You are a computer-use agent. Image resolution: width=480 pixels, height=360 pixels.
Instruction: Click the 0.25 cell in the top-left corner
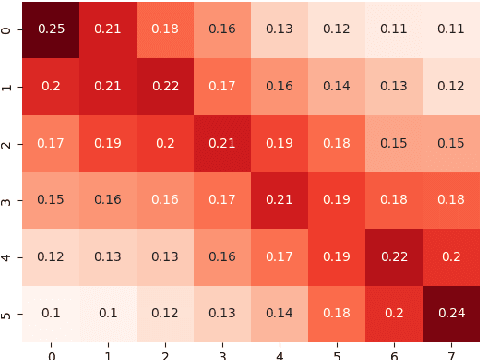[x=51, y=28]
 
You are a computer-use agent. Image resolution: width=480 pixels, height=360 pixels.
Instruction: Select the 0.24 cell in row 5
[x=449, y=312]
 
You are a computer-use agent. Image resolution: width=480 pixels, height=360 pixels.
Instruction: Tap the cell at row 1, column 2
[x=165, y=85]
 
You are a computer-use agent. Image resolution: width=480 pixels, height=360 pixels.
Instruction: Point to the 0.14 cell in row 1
[x=335, y=85]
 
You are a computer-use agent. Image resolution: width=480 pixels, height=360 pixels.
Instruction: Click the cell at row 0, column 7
[x=449, y=28]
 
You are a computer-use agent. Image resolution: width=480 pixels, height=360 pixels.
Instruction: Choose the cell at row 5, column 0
[x=51, y=312]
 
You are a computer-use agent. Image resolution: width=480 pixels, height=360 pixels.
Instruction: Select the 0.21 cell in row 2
[x=222, y=142]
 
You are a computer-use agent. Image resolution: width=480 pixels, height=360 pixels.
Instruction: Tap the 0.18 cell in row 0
[x=165, y=28]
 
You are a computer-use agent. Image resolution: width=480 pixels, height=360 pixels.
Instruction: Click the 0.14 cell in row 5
[x=278, y=312]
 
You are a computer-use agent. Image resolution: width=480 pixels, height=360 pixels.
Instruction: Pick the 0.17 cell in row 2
[x=51, y=142]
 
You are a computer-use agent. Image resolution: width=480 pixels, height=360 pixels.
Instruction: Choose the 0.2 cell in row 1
[x=51, y=85]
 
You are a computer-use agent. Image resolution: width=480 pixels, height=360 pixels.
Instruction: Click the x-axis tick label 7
[x=449, y=353]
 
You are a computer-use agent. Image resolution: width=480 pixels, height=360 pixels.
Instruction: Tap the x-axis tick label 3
[x=222, y=353]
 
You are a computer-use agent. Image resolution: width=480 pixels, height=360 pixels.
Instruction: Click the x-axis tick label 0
[x=51, y=353]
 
